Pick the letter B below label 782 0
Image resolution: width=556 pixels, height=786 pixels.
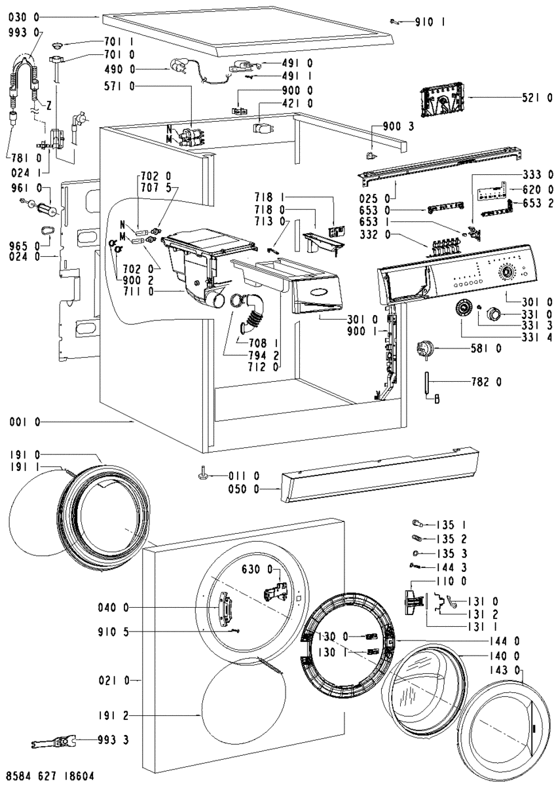pos(436,397)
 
